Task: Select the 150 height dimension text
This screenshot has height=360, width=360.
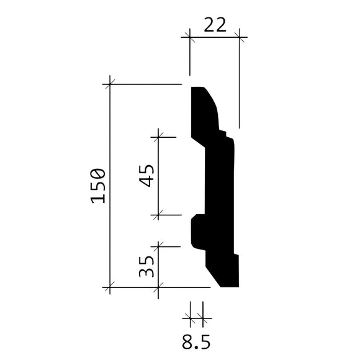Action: point(97,185)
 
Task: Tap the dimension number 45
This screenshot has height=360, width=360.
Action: point(147,175)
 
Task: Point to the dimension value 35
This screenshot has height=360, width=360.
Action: point(147,268)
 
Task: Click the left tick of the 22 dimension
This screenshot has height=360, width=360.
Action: point(190,38)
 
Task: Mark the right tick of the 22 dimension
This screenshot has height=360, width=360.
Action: point(240,38)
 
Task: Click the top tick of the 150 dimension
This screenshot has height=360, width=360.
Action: point(110,83)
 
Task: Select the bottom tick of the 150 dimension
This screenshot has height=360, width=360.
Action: point(110,287)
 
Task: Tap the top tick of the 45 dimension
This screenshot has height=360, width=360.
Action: point(160,137)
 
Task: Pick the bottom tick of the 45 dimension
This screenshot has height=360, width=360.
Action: point(160,215)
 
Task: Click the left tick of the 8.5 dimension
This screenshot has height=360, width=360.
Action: point(190,318)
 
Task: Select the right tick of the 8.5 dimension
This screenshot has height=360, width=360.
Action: point(202,318)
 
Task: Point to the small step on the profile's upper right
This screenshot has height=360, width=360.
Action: point(226,133)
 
